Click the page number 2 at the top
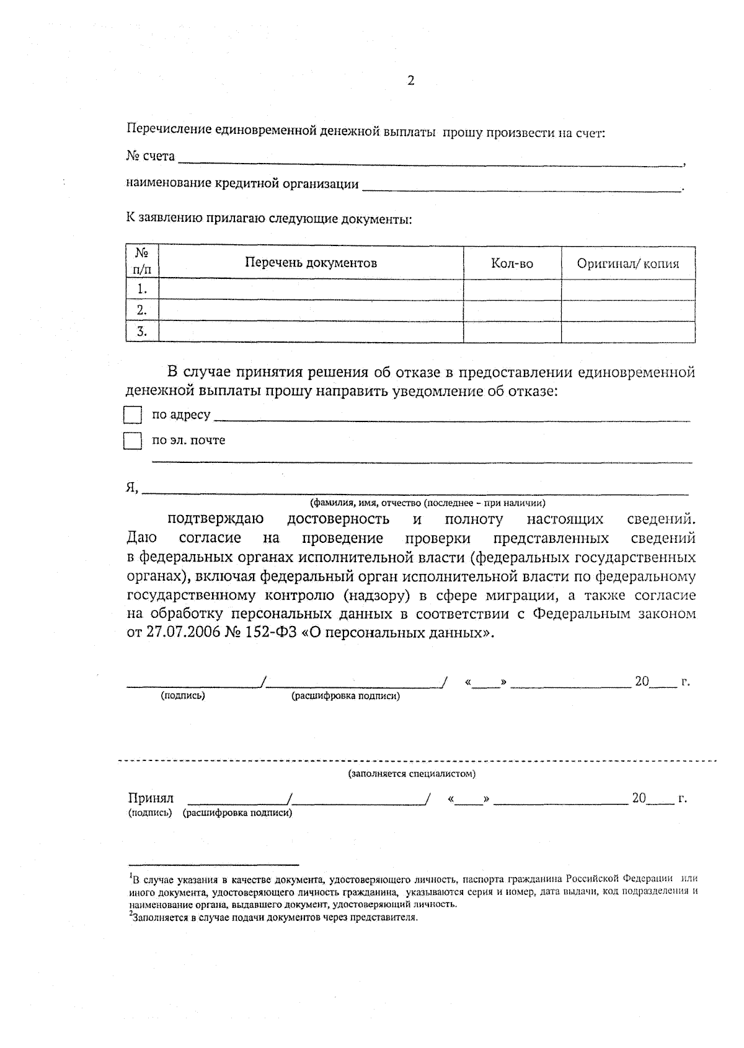[410, 81]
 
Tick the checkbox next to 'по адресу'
[133, 415]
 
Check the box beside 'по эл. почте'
[133, 441]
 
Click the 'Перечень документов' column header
[311, 263]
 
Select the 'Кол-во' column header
[512, 263]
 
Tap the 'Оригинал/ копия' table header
[627, 263]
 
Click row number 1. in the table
[142, 289]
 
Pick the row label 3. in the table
[142, 332]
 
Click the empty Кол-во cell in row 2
[512, 310]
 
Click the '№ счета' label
[151, 156]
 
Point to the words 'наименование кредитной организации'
[242, 184]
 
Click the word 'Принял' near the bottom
[151, 798]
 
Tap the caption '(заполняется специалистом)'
[412, 773]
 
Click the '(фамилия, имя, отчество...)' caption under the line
[428, 503]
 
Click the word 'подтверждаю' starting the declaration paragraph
[216, 519]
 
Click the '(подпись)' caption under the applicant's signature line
[183, 695]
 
